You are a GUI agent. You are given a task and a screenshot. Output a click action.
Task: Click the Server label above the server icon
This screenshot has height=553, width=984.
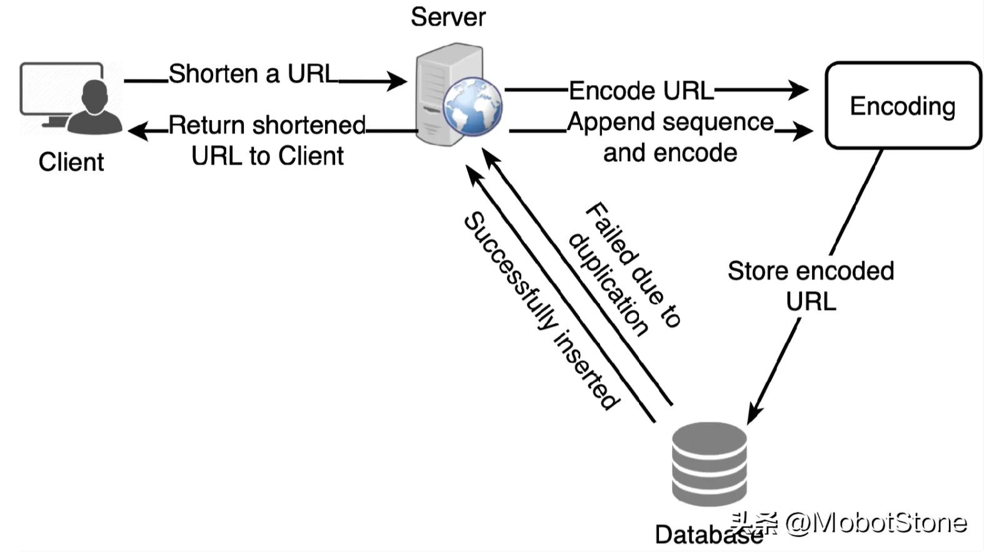click(448, 17)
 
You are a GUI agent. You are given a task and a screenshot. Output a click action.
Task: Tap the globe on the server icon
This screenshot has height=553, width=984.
click(472, 106)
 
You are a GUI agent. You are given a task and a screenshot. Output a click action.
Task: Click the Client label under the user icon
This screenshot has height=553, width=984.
click(71, 162)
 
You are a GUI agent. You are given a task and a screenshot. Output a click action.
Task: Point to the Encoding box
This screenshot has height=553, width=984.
click(903, 105)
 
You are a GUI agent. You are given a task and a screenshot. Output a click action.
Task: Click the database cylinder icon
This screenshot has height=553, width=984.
click(709, 464)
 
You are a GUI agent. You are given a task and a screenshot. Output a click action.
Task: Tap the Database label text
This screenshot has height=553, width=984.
click(700, 535)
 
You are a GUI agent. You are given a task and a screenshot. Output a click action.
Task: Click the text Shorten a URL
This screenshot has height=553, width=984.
click(253, 74)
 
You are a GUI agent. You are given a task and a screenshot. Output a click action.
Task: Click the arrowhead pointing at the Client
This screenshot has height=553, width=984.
click(138, 131)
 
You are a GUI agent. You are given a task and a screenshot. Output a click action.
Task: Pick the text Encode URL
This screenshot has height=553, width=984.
click(641, 91)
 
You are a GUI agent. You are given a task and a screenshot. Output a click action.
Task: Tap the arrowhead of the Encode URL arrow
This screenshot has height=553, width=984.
click(800, 89)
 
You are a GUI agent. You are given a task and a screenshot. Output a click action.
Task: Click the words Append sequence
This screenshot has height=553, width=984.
click(670, 122)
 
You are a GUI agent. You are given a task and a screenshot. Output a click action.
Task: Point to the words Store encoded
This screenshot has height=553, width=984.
click(810, 271)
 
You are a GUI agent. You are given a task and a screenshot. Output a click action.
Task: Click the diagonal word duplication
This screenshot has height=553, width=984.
click(608, 284)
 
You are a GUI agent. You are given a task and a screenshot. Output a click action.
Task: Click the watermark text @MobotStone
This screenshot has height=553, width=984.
click(875, 522)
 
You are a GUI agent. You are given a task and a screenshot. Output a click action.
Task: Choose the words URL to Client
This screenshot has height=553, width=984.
click(267, 156)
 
